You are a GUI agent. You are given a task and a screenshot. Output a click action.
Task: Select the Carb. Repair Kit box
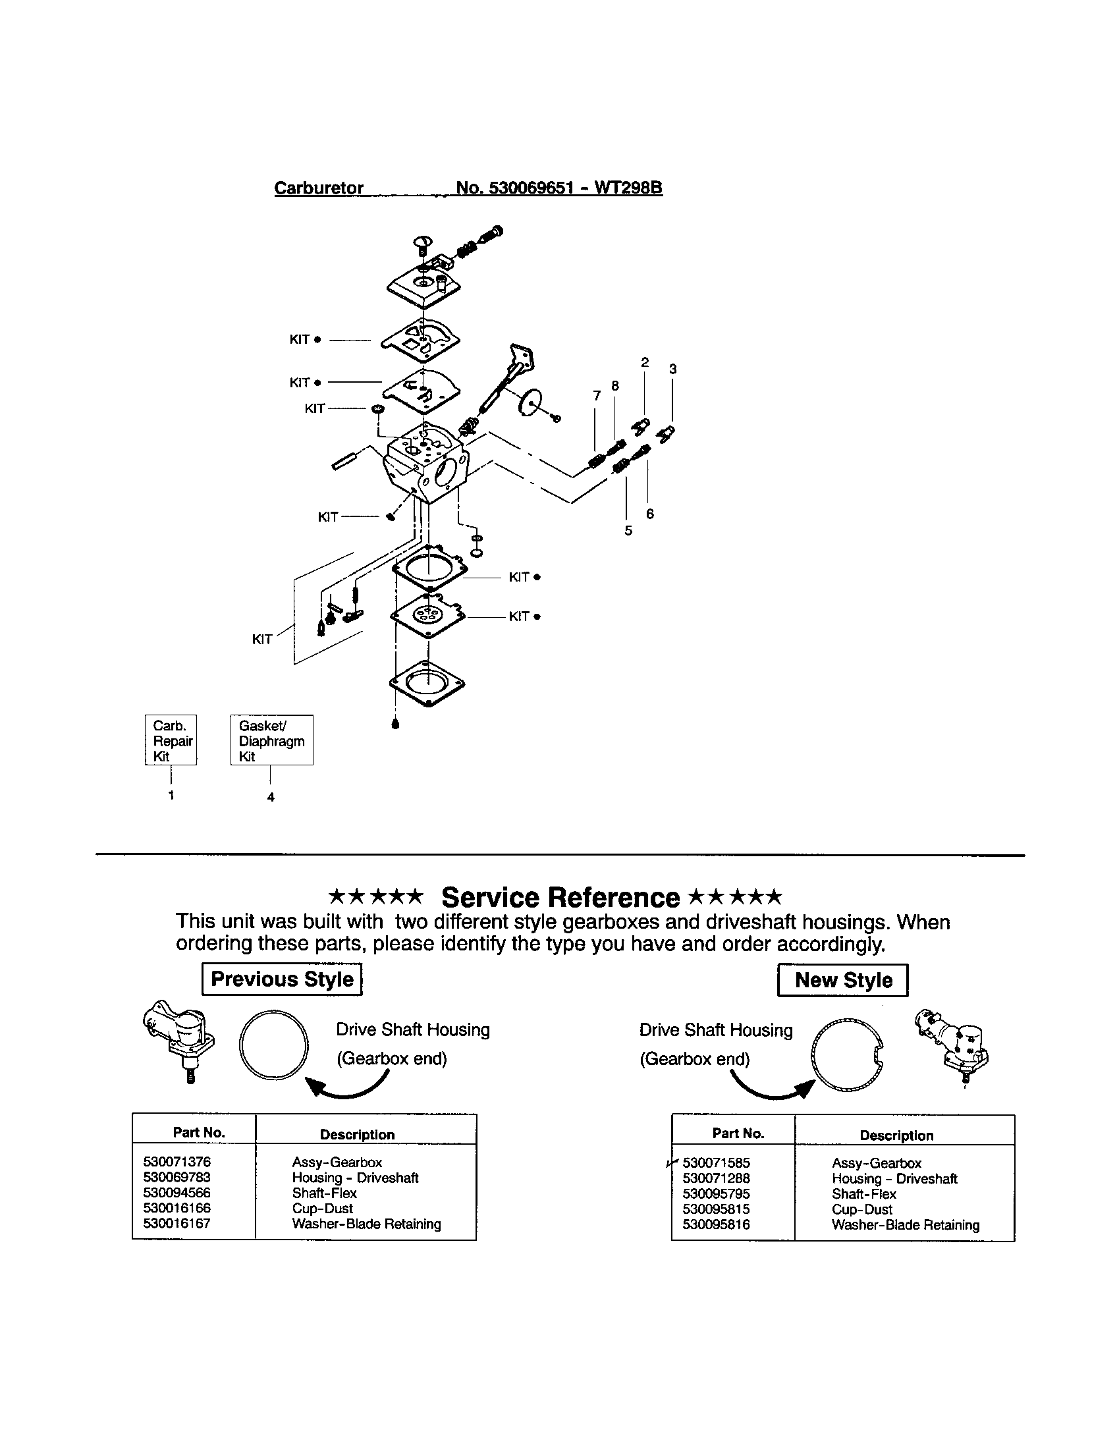(x=171, y=740)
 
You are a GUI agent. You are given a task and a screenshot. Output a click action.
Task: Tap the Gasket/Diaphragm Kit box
(x=271, y=740)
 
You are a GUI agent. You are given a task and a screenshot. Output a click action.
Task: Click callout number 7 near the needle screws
(x=596, y=396)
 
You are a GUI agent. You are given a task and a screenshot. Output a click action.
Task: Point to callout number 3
(x=672, y=369)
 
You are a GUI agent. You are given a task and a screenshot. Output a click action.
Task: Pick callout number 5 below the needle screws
(x=628, y=531)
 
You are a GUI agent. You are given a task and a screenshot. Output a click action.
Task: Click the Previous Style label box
(x=282, y=979)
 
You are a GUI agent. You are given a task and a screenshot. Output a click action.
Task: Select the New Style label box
(x=842, y=980)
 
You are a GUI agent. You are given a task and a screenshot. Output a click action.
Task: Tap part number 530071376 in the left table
(x=177, y=1162)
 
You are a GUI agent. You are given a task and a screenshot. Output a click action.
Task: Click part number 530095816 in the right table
(x=716, y=1224)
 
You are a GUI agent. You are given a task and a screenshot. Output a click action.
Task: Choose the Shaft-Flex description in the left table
(x=324, y=1192)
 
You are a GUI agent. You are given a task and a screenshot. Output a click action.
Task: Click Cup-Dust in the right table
(x=861, y=1209)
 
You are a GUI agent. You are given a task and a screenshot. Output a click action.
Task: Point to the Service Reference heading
(x=560, y=898)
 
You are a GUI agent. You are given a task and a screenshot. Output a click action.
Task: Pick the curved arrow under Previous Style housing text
(x=348, y=1085)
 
